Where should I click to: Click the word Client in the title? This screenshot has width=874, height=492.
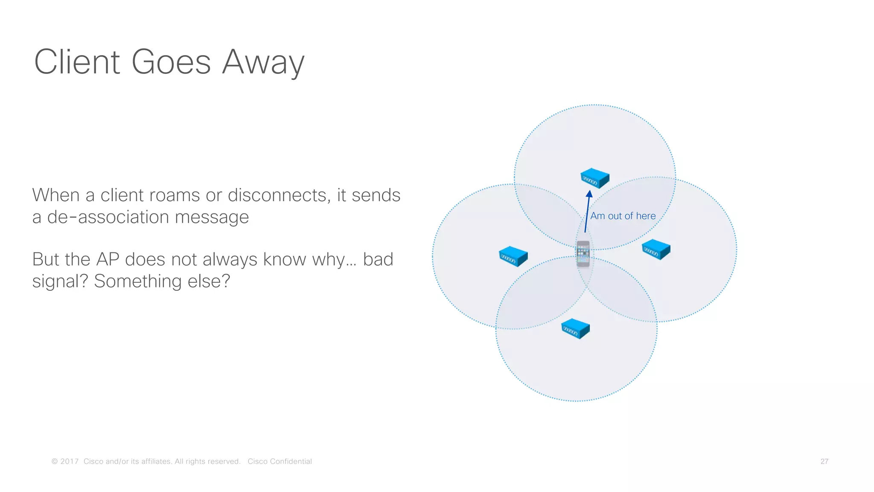click(x=77, y=62)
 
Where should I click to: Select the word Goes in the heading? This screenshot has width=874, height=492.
click(x=171, y=62)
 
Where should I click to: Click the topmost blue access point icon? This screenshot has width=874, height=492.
click(x=594, y=178)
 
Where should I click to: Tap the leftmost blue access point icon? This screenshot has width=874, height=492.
click(x=513, y=256)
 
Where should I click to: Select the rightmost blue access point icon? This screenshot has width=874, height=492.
click(x=656, y=249)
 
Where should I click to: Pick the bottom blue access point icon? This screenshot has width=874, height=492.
click(x=575, y=329)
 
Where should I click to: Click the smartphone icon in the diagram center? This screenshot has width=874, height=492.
click(x=583, y=254)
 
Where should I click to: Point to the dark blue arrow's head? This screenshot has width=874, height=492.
click(x=589, y=194)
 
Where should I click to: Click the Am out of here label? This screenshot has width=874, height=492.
click(x=623, y=216)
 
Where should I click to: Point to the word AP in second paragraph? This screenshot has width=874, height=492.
click(x=108, y=259)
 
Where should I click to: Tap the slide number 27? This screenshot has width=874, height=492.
click(x=824, y=461)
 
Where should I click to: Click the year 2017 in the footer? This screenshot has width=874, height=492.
click(x=69, y=461)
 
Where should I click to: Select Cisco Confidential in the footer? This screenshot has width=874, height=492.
click(x=280, y=461)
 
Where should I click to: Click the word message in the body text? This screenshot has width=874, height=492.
click(x=212, y=218)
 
